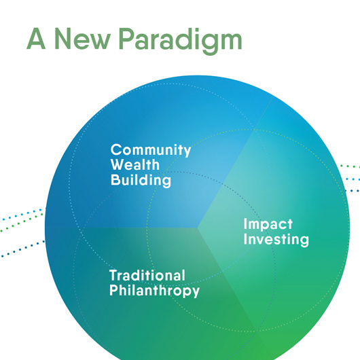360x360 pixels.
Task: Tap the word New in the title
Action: coord(82,39)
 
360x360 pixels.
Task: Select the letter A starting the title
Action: coord(36,39)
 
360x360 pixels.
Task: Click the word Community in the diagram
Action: coord(151,151)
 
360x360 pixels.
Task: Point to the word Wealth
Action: coord(135,164)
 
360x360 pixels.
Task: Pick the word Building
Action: coord(141,180)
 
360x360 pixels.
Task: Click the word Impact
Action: coord(268,224)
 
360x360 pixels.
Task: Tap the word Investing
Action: coord(276,240)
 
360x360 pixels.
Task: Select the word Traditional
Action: coord(147,275)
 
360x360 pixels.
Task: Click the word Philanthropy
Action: coord(154,291)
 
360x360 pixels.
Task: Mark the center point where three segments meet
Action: coord(198,228)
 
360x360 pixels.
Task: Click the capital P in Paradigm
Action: coord(127,39)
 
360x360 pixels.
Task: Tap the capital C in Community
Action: coord(117,149)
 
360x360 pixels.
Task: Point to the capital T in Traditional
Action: coord(114,275)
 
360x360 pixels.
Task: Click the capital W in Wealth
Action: coord(119,164)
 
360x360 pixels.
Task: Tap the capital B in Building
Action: coord(116,179)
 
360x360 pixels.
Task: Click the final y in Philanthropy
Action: coord(196,293)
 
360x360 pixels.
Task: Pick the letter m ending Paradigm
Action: coord(230,41)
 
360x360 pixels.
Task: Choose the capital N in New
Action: coord(62,39)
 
